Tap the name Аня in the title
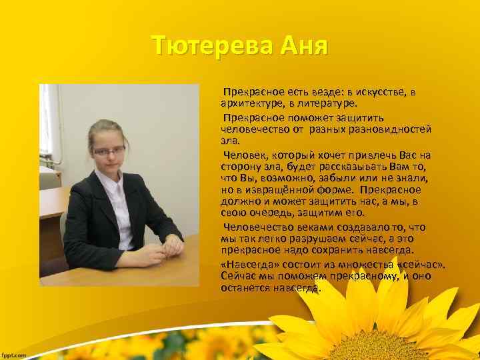tap(303, 46)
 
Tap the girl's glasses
tap(110, 151)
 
